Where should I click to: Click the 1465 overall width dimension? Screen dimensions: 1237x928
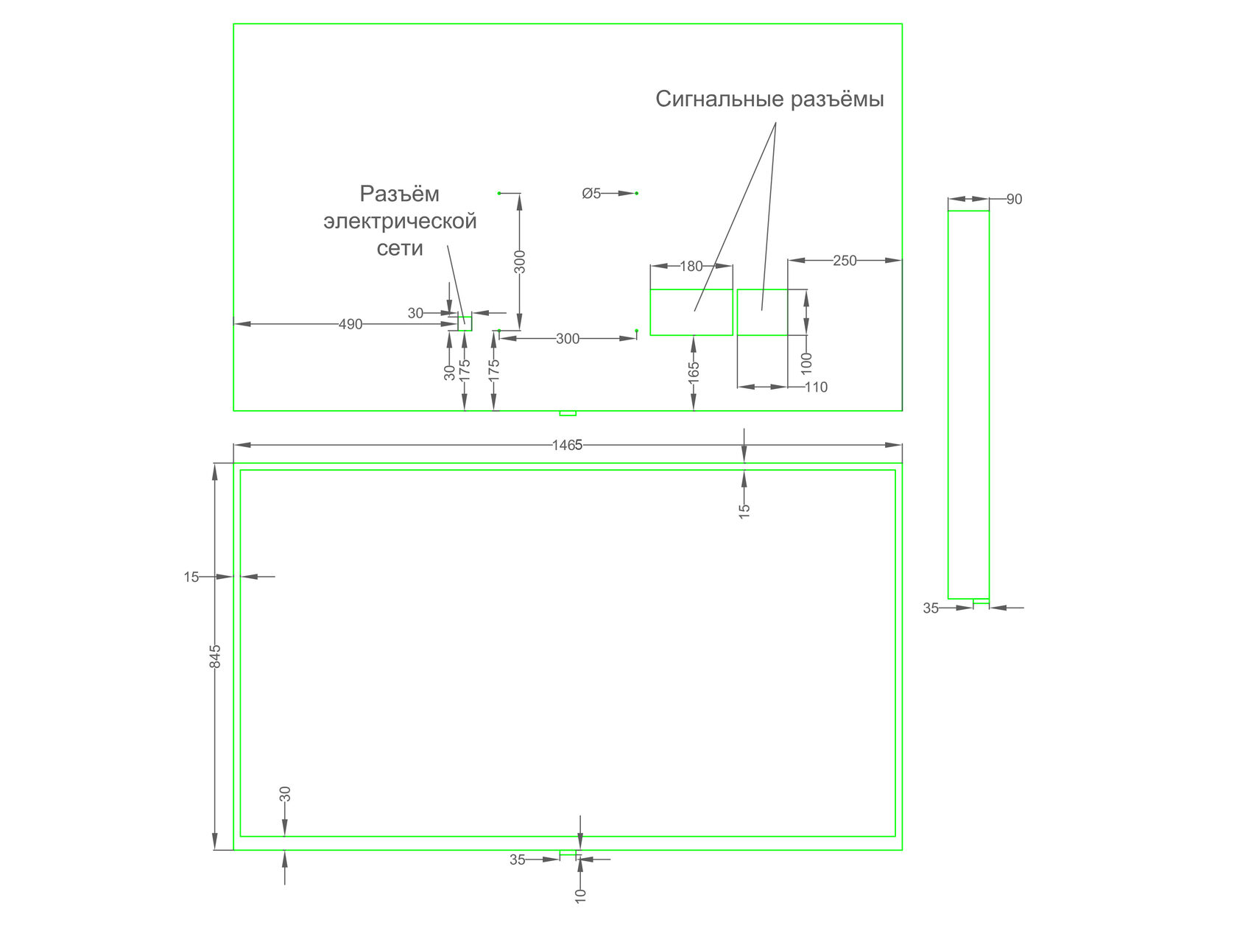(x=567, y=445)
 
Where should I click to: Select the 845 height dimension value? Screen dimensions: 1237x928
(x=215, y=656)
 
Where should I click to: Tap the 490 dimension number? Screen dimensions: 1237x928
(x=350, y=325)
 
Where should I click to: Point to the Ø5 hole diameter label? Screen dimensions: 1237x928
(x=592, y=194)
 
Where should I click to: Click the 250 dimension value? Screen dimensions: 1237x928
(x=845, y=260)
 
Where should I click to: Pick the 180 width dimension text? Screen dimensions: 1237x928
(x=691, y=266)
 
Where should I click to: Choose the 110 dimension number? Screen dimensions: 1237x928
(x=816, y=387)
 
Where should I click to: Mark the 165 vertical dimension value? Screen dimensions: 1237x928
(x=694, y=373)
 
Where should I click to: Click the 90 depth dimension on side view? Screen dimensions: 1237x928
(x=1014, y=200)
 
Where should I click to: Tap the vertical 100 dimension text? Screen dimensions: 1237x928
(x=806, y=363)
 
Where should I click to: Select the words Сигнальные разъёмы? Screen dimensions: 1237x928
(x=770, y=99)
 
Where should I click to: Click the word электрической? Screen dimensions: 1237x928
(x=400, y=222)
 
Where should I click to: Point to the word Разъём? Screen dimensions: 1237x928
(x=400, y=194)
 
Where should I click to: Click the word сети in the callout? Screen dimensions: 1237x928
(x=400, y=248)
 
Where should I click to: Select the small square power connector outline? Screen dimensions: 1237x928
(x=465, y=323)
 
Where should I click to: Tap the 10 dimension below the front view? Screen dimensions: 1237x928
(x=580, y=896)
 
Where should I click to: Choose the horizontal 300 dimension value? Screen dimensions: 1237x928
(x=568, y=339)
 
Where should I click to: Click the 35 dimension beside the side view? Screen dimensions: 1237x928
(x=931, y=608)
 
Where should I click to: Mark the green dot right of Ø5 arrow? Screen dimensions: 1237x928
(x=637, y=194)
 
